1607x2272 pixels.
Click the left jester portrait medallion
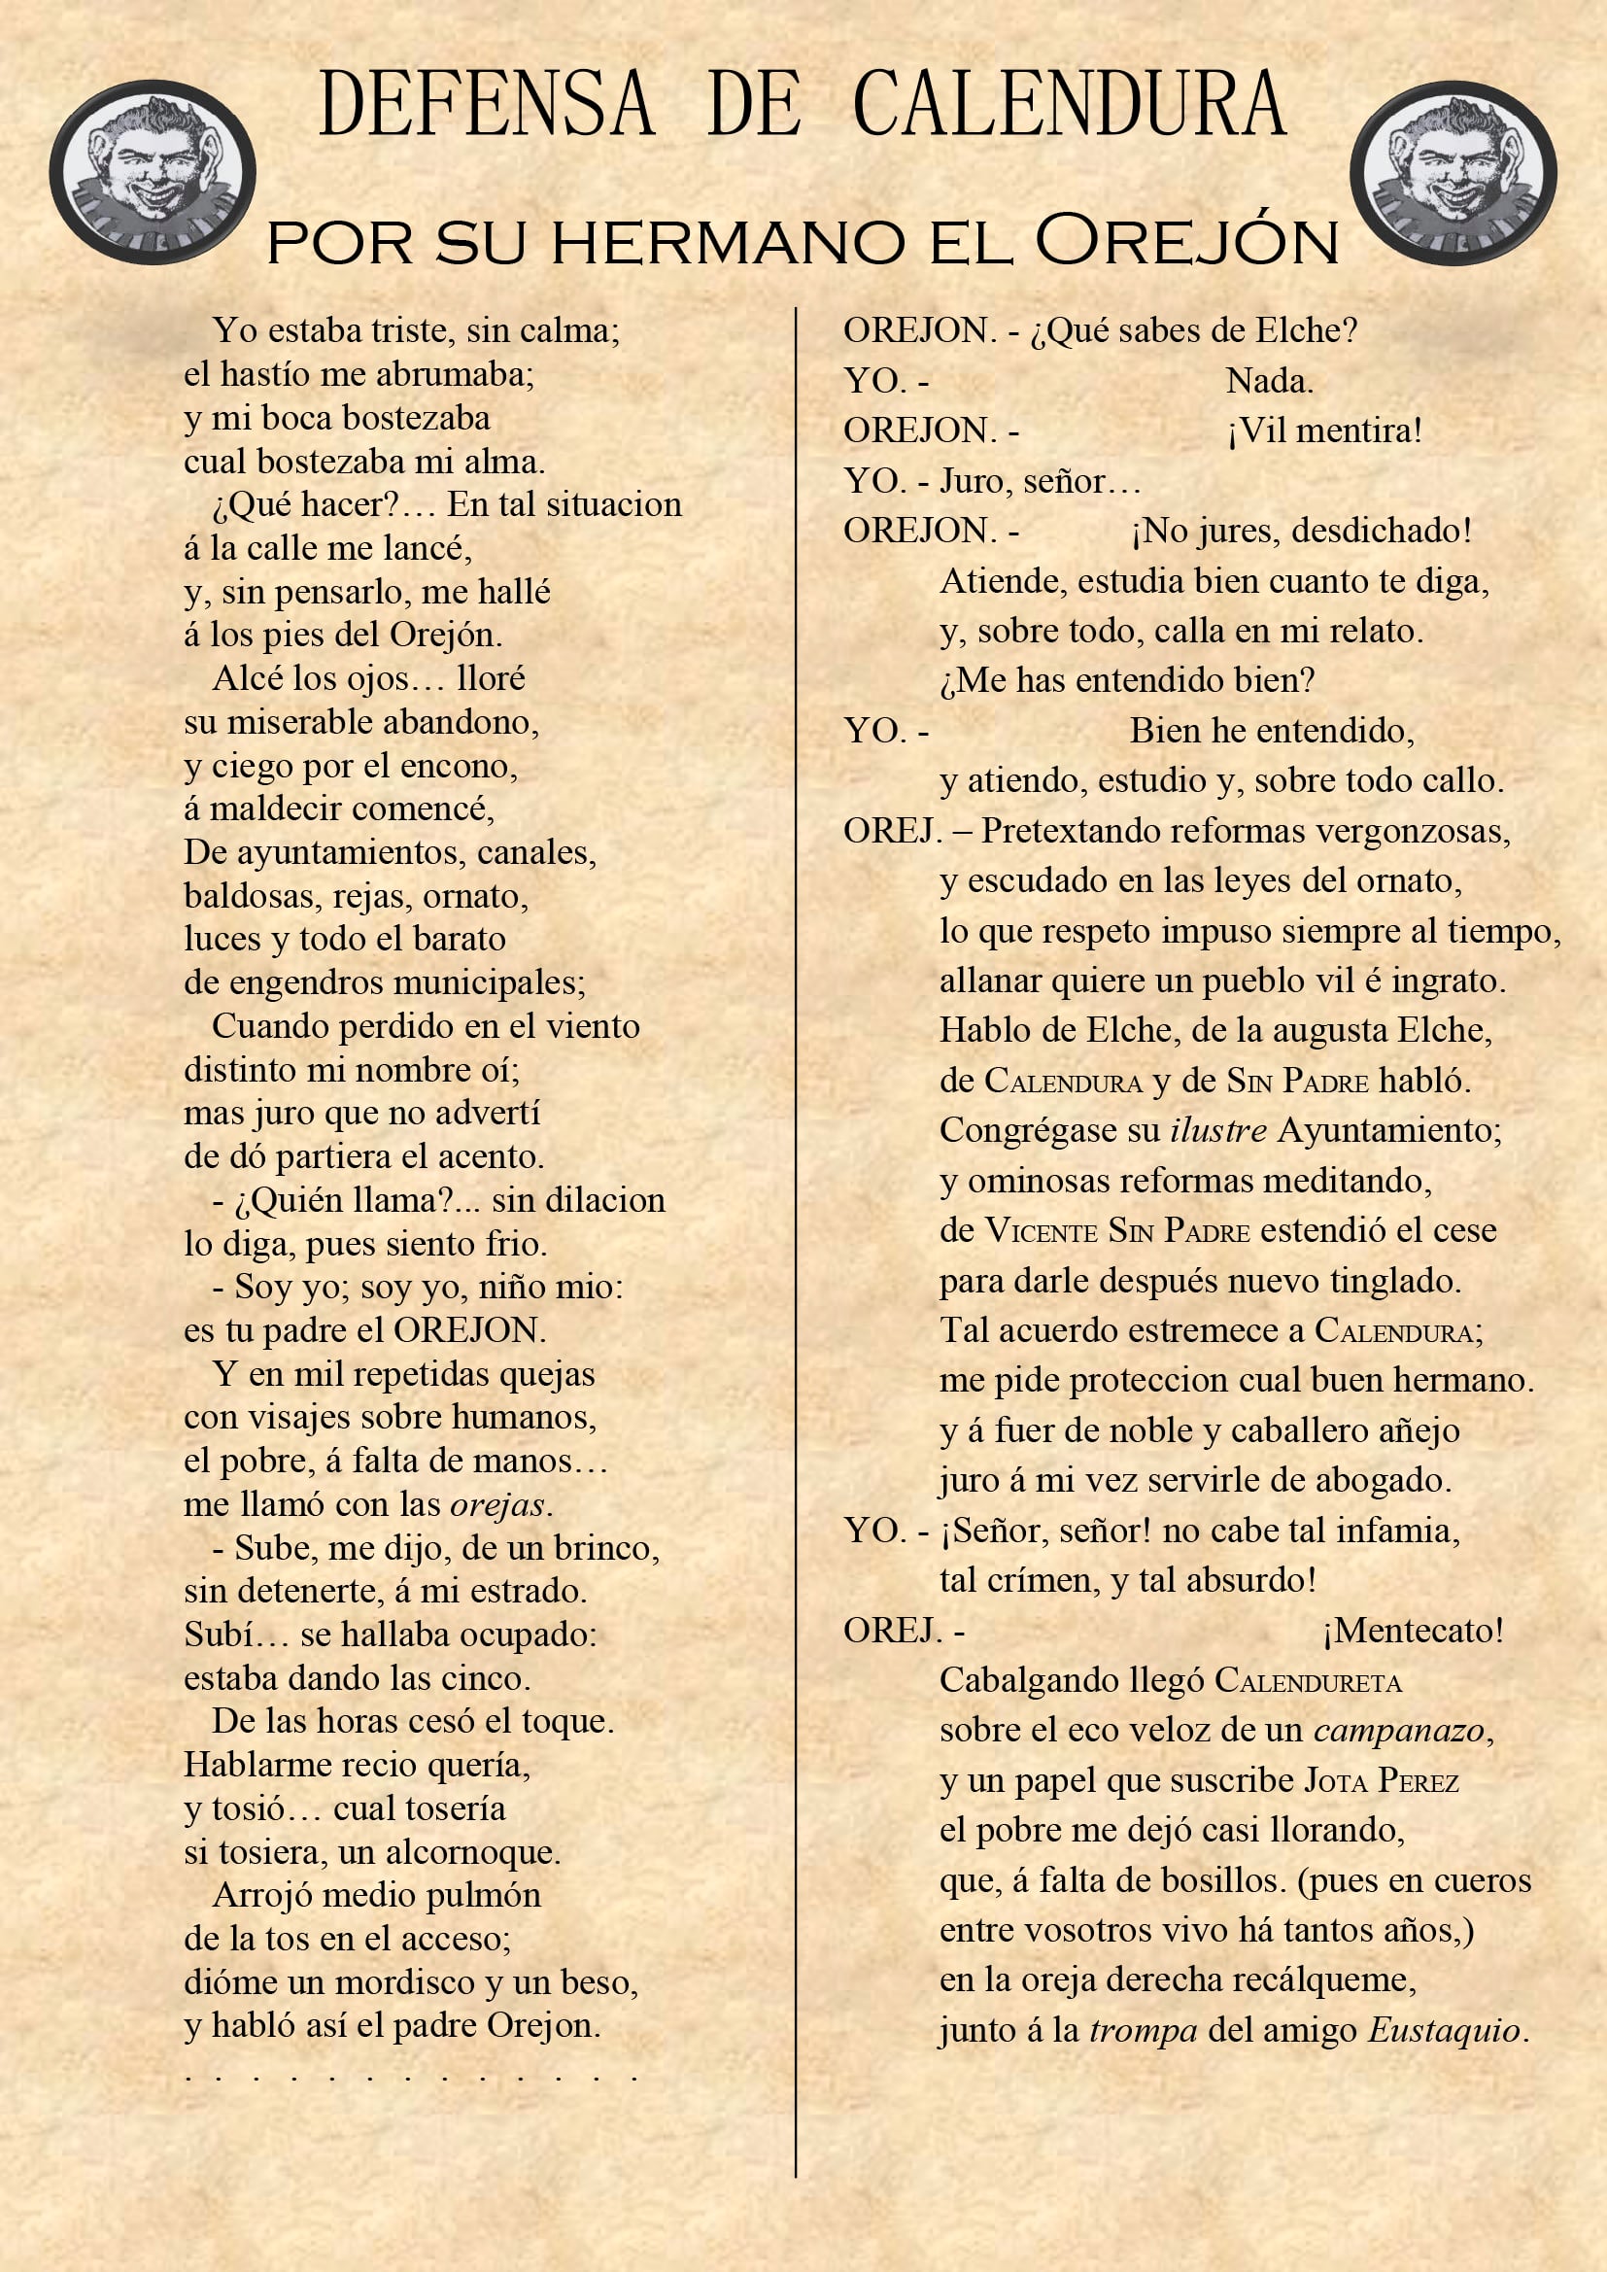coord(153,172)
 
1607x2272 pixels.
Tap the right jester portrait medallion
coord(1453,174)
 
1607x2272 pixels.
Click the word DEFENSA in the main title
coord(486,104)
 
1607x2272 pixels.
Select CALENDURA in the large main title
coord(1069,104)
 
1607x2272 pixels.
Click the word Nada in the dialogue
coord(1269,381)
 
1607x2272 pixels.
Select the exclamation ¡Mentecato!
coord(1413,1630)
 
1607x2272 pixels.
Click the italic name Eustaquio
coord(1444,2031)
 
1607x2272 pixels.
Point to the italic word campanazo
coord(1399,1731)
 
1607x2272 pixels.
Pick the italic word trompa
coord(1143,2031)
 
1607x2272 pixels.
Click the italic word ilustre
coord(1218,1130)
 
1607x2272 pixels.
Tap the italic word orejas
coord(496,1505)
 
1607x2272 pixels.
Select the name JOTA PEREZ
coord(1382,1781)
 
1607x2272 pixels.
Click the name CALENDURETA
coord(1307,1680)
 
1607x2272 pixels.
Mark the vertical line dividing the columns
coord(796,1237)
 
